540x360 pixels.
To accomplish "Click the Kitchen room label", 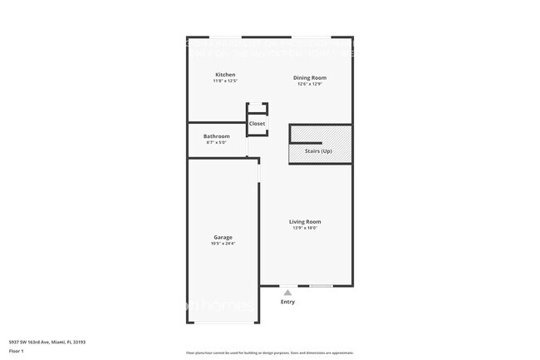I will point(225,74).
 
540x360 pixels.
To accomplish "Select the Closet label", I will point(258,124).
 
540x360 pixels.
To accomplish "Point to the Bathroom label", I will point(216,136).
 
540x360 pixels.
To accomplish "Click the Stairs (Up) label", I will point(318,151).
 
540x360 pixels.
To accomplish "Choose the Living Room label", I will point(305,221).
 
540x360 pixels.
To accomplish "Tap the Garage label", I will point(223,237).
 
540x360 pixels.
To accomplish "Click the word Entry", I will point(287,302).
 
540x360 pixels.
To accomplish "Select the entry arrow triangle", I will point(287,293).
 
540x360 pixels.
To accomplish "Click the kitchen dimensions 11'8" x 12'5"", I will point(225,81).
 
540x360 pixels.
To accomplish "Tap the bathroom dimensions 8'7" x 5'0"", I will point(216,143).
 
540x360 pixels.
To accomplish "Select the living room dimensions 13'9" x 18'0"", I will point(305,228).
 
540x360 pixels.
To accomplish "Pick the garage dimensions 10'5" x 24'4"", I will point(223,244).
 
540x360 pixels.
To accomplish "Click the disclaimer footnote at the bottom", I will point(269,353).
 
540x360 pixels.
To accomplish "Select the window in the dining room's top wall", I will point(312,37).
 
